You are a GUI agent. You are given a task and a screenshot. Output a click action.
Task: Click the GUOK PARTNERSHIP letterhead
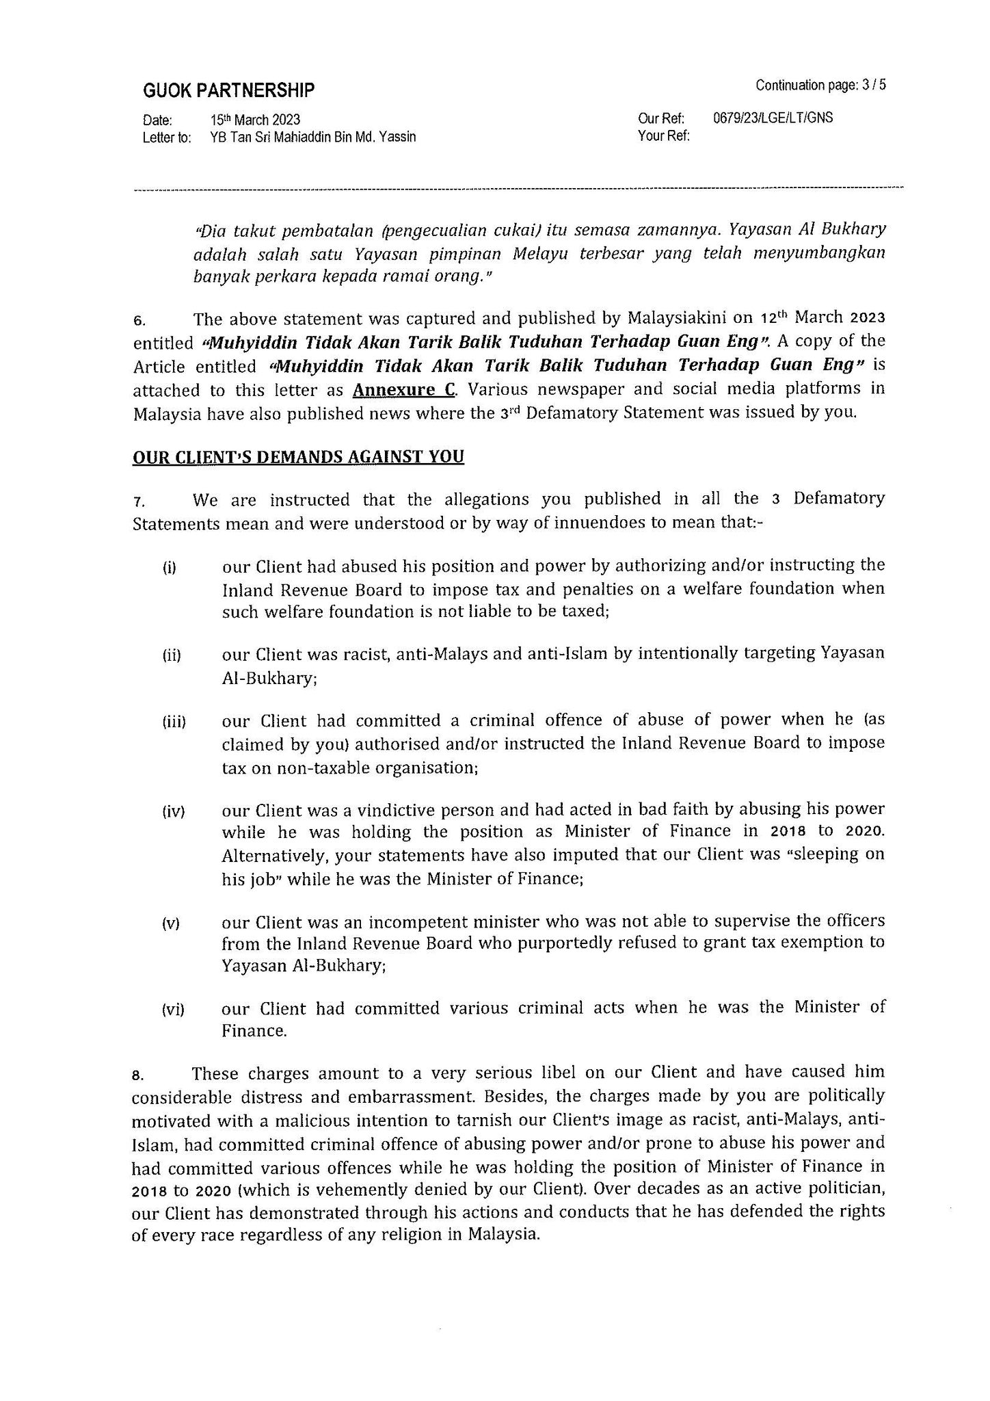[228, 90]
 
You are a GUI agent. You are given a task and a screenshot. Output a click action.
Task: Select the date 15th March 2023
[256, 120]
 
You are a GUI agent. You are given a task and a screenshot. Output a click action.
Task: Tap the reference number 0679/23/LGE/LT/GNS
[773, 118]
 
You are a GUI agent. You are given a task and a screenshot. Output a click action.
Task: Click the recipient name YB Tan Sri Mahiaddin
[313, 137]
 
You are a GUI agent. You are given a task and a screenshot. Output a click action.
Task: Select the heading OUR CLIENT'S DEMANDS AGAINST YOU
[298, 456]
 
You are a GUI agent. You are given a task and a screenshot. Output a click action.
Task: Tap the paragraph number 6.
[138, 320]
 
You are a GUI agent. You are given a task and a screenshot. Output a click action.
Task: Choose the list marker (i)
[169, 568]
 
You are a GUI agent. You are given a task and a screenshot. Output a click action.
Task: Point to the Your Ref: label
[663, 136]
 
